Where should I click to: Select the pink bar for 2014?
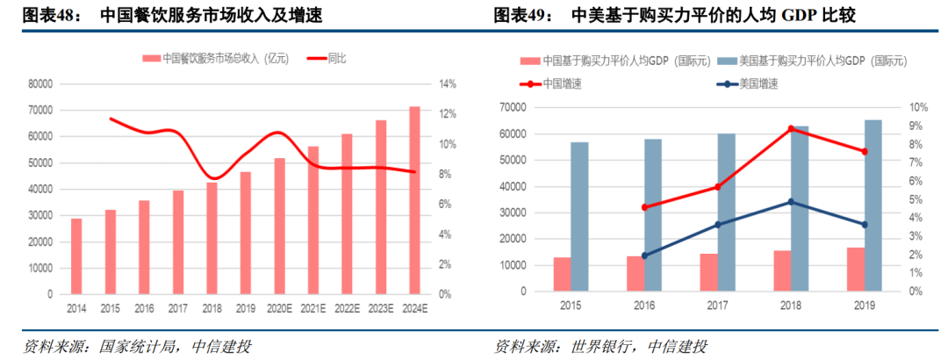coord(76,256)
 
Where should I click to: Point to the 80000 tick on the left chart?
coord(40,84)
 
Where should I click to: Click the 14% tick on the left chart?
coord(447,84)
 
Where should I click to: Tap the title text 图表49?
coord(520,15)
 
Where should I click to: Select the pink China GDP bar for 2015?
coord(562,274)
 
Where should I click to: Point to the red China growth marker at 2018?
coord(791,129)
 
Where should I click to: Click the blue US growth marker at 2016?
coord(644,256)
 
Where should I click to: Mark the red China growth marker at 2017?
coord(717,187)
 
